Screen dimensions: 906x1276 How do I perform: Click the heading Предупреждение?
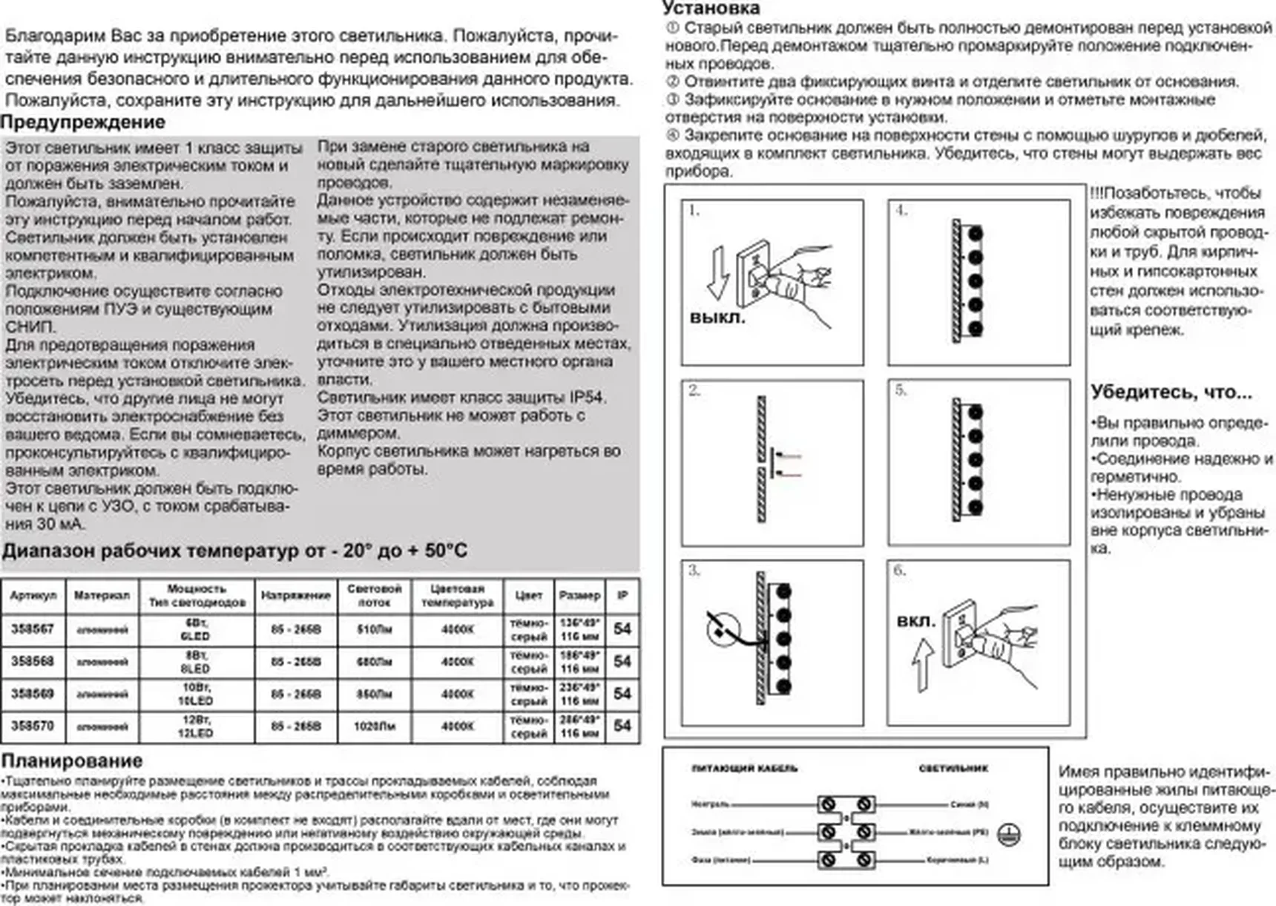pos(82,122)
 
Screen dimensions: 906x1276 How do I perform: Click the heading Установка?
pos(711,8)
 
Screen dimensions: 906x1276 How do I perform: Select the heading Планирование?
pos(72,761)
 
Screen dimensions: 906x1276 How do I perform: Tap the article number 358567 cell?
pos(33,629)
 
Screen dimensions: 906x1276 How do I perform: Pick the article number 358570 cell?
pos(33,726)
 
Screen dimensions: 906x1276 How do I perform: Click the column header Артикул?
pos(33,595)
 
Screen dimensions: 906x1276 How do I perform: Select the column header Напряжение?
pos(295,595)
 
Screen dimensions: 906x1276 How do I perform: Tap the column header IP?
pos(622,595)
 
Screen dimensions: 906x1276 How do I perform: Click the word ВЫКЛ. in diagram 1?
pos(717,318)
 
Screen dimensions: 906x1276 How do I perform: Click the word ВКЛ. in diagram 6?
pos(916,620)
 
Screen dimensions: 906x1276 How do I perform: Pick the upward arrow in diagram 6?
pos(922,666)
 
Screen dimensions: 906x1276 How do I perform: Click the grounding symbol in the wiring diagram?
pos(1010,834)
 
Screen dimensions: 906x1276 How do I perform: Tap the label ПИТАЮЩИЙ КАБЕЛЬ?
pos(744,768)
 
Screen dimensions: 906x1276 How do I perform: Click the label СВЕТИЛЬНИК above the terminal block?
pos(953,768)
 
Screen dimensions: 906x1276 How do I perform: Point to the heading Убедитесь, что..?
pos(1171,393)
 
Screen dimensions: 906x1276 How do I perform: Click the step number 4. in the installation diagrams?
pos(901,211)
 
